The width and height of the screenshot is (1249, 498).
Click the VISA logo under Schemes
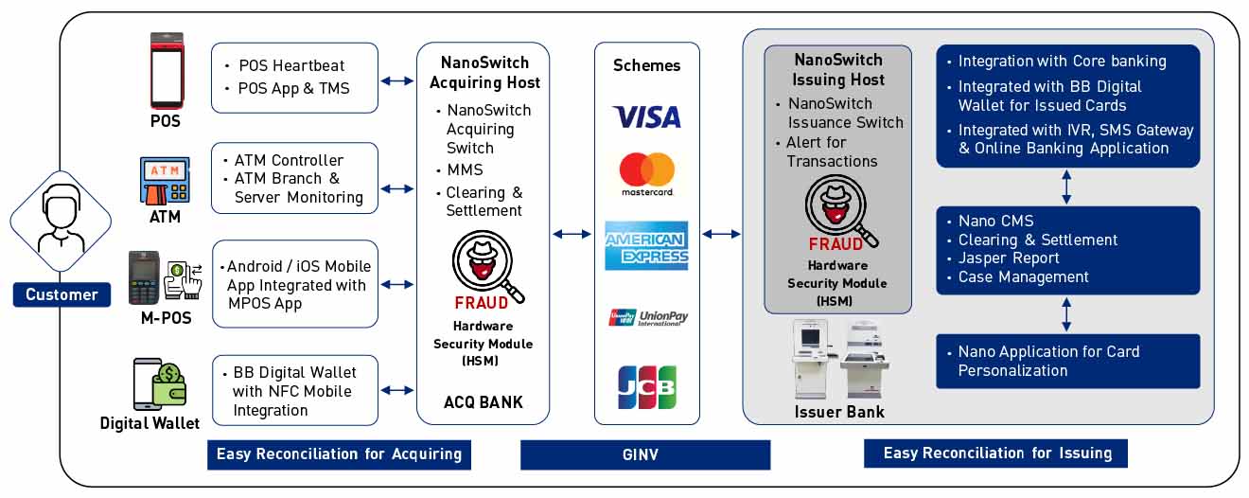point(646,116)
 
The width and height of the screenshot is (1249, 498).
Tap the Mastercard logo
point(647,174)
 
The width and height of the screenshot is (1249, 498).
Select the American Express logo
point(646,245)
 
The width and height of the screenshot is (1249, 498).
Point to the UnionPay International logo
point(647,317)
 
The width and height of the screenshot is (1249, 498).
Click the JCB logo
point(647,387)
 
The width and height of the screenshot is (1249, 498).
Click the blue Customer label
point(62,294)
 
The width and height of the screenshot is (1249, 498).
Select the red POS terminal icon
point(165,71)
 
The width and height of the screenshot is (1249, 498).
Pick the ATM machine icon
point(165,181)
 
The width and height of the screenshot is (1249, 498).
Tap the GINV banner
point(644,454)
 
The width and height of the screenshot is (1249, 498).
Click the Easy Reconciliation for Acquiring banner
point(339,454)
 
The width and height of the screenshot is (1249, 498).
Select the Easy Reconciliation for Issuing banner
point(995,454)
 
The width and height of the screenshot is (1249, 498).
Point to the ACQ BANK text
point(483,402)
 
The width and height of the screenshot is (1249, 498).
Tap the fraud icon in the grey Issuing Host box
point(836,208)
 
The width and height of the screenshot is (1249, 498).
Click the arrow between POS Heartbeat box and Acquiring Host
point(397,81)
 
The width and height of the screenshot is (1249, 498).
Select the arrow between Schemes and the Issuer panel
point(721,233)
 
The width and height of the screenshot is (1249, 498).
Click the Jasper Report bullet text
point(1008,258)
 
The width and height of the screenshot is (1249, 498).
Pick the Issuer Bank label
point(838,412)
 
